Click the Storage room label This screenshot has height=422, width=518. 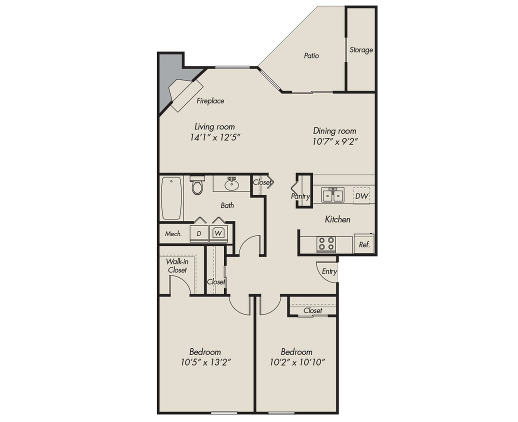(x=361, y=50)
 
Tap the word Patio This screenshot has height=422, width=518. (x=311, y=56)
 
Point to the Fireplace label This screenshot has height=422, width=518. (x=210, y=101)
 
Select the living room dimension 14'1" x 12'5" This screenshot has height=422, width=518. (x=215, y=137)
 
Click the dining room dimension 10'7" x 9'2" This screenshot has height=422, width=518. (x=334, y=141)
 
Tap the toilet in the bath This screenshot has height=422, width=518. (x=197, y=185)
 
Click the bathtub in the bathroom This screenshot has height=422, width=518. (x=171, y=198)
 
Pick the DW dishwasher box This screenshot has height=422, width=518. (x=361, y=196)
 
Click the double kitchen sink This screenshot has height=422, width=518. (x=333, y=195)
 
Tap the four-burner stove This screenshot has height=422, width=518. (x=326, y=244)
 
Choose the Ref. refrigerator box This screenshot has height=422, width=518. (x=364, y=245)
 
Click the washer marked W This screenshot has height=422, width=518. (x=218, y=233)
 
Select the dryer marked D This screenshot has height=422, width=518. (x=199, y=233)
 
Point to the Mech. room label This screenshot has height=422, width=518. (x=173, y=233)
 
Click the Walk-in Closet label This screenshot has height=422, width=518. (x=177, y=265)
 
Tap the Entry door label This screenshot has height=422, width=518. (x=329, y=271)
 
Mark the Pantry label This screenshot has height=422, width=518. (x=300, y=196)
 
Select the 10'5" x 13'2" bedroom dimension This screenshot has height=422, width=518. (x=205, y=361)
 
